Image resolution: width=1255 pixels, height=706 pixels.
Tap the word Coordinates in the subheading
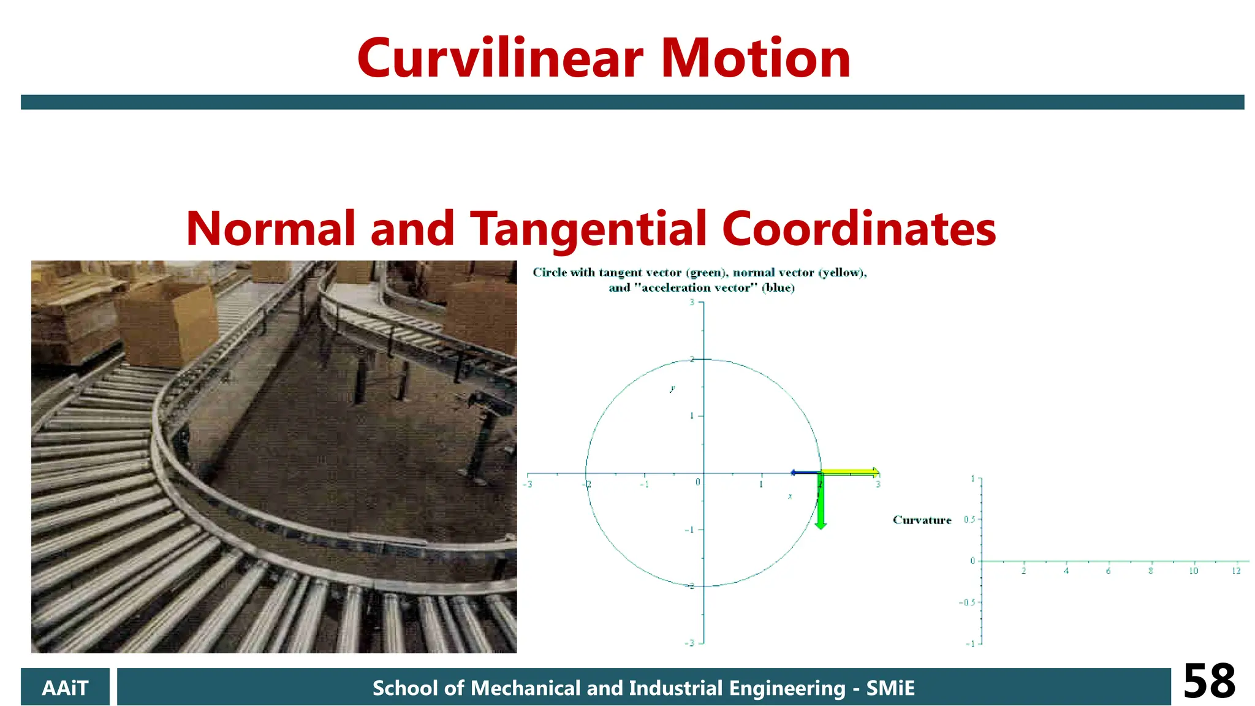(x=859, y=229)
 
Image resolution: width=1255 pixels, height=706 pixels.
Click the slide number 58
(x=1208, y=681)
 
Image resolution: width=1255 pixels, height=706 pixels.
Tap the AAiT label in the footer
(x=65, y=688)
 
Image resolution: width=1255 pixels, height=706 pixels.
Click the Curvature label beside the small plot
(x=922, y=520)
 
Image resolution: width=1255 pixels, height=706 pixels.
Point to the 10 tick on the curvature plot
(x=1193, y=571)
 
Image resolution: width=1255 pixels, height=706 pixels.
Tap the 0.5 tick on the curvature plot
(x=969, y=520)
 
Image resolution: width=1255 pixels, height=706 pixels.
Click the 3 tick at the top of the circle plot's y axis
(x=692, y=302)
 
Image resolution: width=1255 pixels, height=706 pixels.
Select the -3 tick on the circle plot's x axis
(x=528, y=484)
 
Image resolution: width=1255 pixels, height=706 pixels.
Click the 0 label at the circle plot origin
(x=697, y=482)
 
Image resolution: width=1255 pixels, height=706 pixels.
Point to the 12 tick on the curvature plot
(x=1236, y=571)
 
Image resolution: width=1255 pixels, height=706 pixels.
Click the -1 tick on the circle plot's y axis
(x=689, y=529)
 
